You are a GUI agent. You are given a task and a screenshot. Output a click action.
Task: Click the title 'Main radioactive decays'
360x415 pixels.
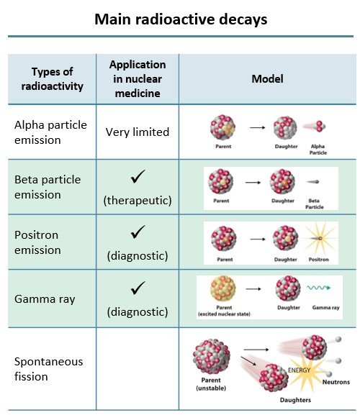181,19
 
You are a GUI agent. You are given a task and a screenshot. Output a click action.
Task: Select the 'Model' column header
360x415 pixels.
267,79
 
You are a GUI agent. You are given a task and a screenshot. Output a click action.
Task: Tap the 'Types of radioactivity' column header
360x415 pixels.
52,79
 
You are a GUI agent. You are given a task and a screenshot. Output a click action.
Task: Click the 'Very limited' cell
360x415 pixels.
138,132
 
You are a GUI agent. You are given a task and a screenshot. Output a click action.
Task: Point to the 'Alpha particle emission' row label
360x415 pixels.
50,132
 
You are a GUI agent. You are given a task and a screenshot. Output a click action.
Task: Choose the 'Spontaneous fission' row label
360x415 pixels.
48,369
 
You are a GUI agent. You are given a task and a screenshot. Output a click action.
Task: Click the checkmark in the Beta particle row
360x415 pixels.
138,176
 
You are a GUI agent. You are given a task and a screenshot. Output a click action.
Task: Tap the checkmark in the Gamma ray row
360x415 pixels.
138,288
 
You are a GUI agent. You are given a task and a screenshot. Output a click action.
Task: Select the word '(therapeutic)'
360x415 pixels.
138,201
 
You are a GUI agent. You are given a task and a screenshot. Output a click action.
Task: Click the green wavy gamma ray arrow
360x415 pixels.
319,288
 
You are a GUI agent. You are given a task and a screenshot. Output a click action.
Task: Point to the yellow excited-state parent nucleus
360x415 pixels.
222,288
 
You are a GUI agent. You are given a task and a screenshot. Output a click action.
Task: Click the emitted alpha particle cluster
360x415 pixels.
320,127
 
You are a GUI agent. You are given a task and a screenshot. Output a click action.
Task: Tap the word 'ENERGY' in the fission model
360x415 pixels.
299,370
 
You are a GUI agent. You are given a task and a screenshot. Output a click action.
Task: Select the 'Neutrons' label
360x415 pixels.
336,382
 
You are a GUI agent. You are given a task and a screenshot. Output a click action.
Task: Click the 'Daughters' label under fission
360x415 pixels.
295,400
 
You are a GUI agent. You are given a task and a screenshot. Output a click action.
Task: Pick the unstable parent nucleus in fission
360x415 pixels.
212,356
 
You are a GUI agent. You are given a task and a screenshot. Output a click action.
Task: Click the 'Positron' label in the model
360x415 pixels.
319,260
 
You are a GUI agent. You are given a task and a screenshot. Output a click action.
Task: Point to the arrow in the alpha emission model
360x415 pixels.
258,127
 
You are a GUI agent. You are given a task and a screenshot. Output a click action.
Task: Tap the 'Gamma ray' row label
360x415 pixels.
45,299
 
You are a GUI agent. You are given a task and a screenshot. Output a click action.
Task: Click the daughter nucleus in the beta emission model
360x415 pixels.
282,182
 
